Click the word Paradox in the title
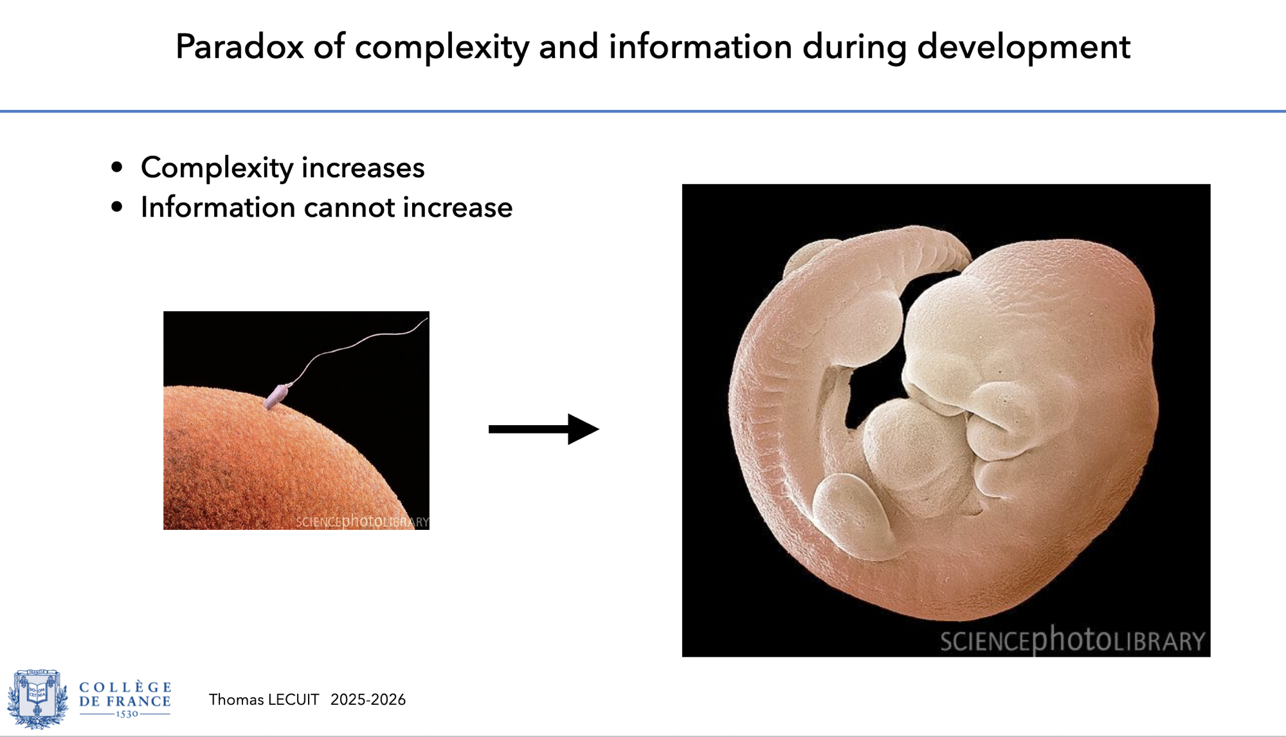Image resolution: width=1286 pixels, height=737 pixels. click(239, 46)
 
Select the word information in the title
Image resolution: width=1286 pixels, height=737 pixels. click(700, 46)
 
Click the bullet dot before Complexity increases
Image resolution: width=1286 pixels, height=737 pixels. click(116, 167)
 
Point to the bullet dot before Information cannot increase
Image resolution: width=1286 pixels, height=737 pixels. click(116, 207)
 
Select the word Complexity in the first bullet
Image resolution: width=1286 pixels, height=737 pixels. click(217, 168)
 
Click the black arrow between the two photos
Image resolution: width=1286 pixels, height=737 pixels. click(544, 429)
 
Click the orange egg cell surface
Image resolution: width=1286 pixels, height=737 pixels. click(270, 463)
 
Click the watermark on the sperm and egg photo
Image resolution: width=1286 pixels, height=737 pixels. click(362, 521)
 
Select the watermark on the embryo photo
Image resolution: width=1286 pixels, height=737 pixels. click(1073, 640)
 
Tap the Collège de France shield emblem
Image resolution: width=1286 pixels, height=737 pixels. click(37, 699)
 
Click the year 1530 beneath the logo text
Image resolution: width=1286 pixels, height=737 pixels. click(127, 714)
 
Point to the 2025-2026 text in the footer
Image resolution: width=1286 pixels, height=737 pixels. click(368, 700)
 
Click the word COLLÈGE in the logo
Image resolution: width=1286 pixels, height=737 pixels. click(125, 687)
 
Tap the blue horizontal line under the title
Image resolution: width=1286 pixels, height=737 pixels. click(643, 111)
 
